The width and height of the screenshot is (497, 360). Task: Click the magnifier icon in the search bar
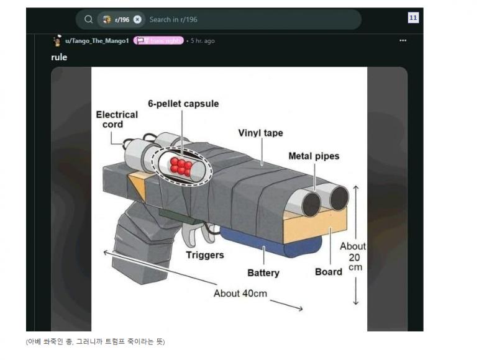click(89, 19)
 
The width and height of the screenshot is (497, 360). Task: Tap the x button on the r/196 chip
click(137, 19)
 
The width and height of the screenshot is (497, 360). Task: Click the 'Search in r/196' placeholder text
click(173, 19)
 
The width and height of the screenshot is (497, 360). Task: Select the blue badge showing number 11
click(413, 18)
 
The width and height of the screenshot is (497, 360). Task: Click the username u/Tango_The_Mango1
click(98, 41)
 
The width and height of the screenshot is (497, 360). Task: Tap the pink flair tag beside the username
click(158, 41)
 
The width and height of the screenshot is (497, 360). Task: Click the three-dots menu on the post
click(403, 41)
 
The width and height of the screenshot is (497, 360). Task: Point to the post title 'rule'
click(59, 57)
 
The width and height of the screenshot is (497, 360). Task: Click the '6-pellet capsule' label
click(183, 104)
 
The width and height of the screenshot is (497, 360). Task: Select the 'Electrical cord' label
click(117, 119)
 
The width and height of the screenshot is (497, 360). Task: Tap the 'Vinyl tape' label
click(261, 133)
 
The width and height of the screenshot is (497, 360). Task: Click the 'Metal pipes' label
click(314, 156)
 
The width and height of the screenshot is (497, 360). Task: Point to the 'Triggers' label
click(205, 255)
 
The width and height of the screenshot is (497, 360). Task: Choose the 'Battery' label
click(263, 272)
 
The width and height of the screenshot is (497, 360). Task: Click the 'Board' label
click(329, 272)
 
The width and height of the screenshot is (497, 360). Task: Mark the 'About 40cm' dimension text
click(240, 293)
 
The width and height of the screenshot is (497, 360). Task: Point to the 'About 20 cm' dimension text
click(353, 256)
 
